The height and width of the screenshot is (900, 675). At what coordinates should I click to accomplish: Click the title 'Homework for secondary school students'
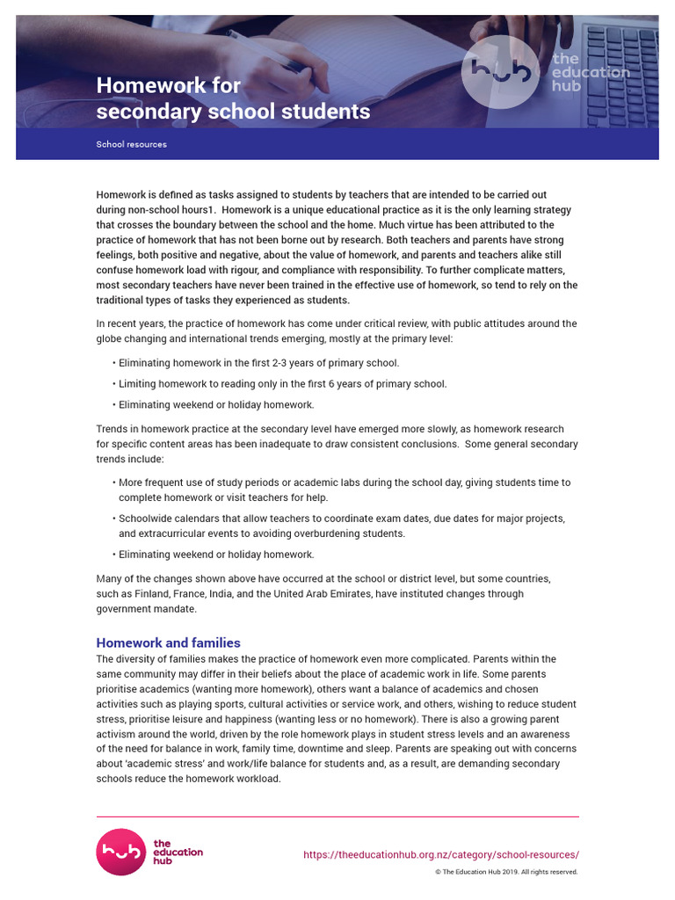tap(233, 98)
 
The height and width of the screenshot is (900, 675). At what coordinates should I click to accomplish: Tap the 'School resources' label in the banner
tap(131, 144)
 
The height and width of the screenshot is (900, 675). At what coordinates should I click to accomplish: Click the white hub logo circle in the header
tap(500, 71)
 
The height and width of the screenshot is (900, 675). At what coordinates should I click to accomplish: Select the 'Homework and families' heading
tap(168, 642)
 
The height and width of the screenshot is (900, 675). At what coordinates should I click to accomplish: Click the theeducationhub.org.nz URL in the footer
tap(440, 854)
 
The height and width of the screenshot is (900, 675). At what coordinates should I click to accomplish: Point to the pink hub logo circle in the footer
tap(121, 852)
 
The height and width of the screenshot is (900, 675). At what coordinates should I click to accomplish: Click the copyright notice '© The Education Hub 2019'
tap(506, 872)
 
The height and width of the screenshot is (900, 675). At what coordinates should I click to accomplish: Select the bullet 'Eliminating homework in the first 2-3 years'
tap(258, 363)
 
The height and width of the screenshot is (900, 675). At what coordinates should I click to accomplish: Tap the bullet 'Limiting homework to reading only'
tap(282, 384)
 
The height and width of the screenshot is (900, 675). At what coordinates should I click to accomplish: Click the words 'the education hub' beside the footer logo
tap(178, 852)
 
